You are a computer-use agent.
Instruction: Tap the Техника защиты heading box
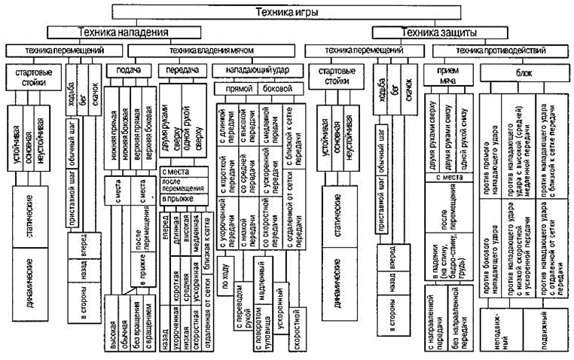433,32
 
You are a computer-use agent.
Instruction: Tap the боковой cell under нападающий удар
274,88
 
